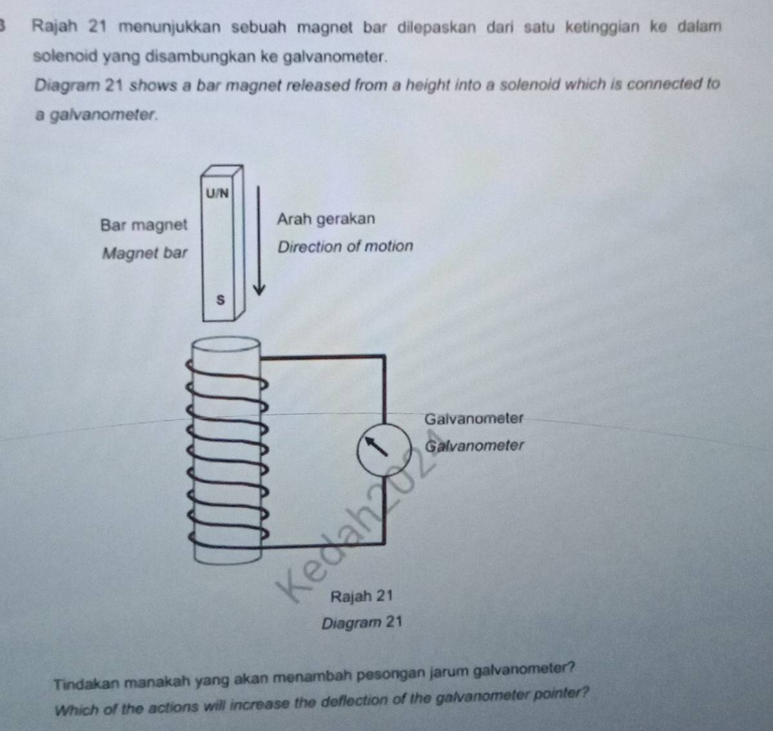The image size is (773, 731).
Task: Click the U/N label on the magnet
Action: coord(217,193)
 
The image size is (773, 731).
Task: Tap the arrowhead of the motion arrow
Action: coord(259,289)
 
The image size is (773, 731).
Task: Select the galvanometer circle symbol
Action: coord(385,449)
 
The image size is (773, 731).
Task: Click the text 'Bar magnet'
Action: coord(144,225)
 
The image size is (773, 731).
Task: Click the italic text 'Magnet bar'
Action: coord(144,253)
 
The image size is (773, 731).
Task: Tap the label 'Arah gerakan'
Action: coord(326,219)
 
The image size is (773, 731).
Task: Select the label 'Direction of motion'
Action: coord(345,247)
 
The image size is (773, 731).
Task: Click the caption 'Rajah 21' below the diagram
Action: coord(361,596)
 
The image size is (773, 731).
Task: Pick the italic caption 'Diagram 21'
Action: coord(362,623)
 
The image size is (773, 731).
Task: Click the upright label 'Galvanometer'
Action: coord(475,419)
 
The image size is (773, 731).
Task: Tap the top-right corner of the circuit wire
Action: coord(384,356)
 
